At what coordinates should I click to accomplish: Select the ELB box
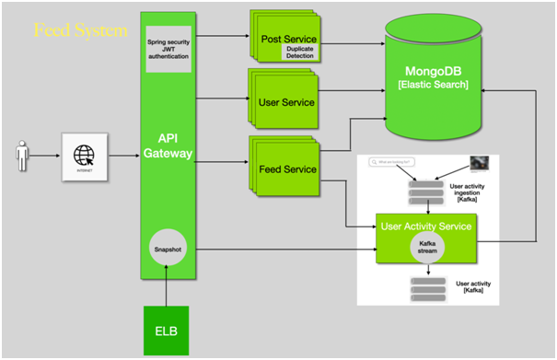tap(167, 329)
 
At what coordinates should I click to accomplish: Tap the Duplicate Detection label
tap(300, 54)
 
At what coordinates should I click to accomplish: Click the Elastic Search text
tap(433, 86)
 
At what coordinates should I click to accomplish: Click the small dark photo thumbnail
tap(479, 163)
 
